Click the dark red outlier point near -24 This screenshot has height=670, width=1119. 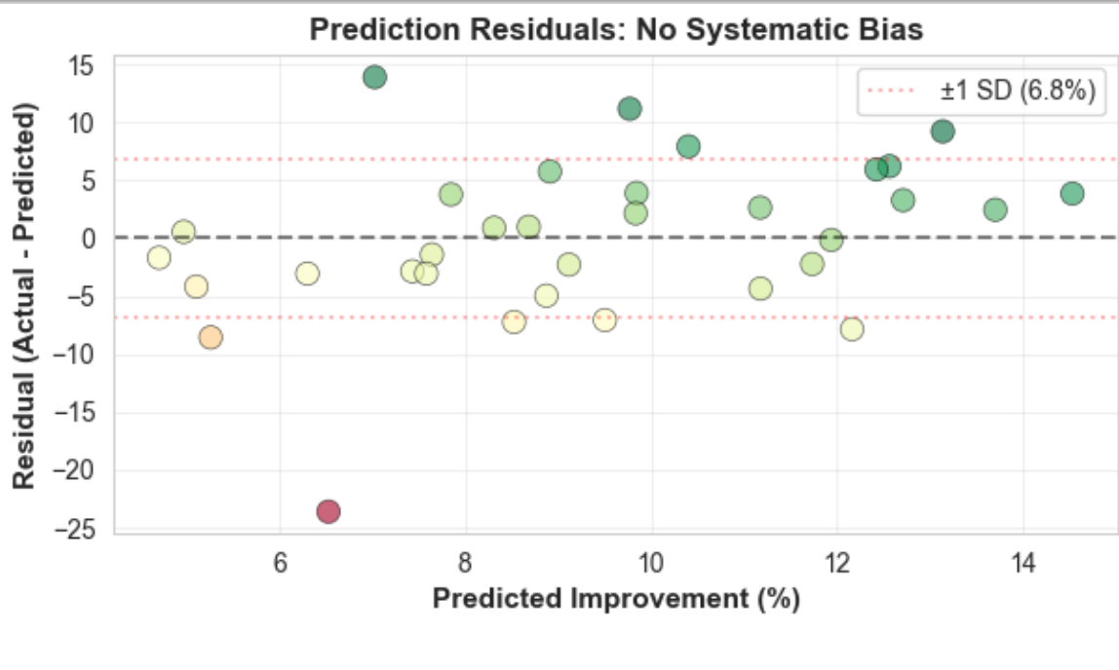click(x=328, y=511)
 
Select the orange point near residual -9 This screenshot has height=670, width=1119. click(x=211, y=337)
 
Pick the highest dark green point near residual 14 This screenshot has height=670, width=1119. click(x=374, y=77)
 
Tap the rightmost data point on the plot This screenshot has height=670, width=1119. click(x=1072, y=194)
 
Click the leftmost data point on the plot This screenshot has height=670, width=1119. click(x=159, y=258)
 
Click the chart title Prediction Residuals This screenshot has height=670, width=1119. click(x=616, y=30)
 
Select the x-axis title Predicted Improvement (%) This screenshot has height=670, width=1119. click(x=616, y=599)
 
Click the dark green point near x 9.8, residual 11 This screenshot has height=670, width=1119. click(x=630, y=109)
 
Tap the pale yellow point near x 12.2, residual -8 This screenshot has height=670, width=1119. click(x=852, y=329)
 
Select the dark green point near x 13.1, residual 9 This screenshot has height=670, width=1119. click(x=943, y=131)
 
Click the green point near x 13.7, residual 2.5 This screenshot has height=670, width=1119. click(x=995, y=209)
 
